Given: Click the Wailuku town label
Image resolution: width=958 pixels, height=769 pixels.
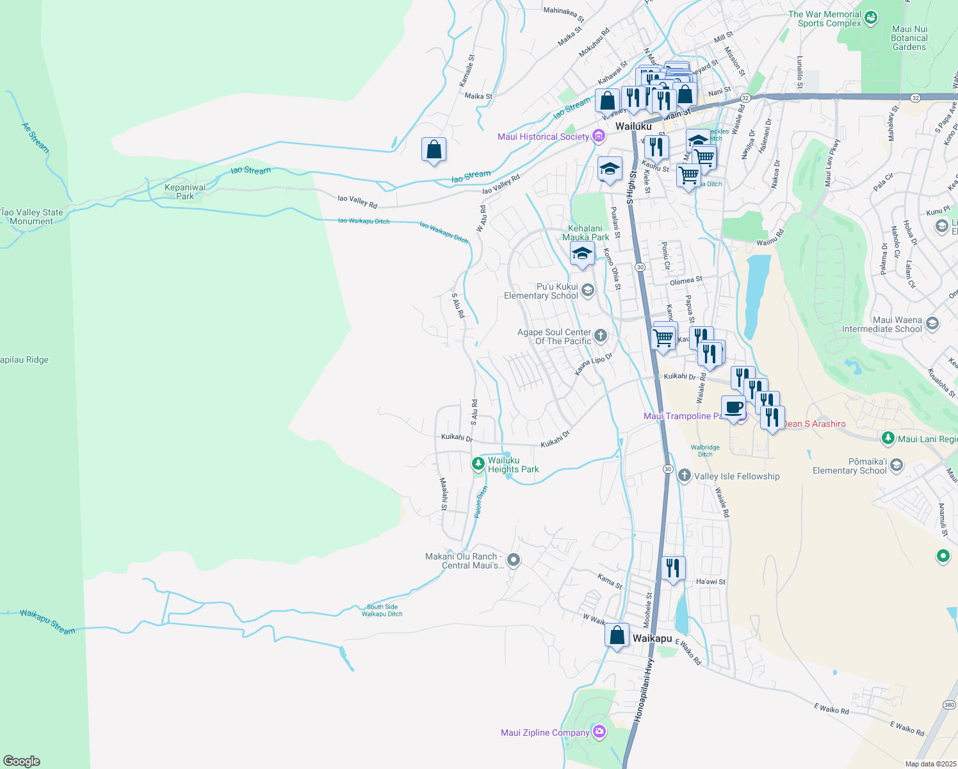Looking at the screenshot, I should (x=633, y=126).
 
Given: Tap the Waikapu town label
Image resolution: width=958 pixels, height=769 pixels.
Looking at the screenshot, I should (x=652, y=638).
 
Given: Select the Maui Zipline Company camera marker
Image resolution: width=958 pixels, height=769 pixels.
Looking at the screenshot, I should (x=599, y=731).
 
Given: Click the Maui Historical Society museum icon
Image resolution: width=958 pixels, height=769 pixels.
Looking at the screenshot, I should (x=599, y=136).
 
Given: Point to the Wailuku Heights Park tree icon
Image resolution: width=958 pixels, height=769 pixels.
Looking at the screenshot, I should (x=478, y=463).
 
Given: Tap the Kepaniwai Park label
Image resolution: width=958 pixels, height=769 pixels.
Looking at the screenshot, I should (x=185, y=192).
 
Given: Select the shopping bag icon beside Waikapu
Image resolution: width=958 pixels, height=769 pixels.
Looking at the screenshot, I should (x=617, y=635).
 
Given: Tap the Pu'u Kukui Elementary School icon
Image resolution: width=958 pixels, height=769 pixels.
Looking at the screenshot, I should (x=588, y=290).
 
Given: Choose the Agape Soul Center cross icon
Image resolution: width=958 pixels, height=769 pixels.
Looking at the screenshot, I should (x=600, y=335).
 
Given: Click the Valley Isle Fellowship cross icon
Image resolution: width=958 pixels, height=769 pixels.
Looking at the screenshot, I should (x=684, y=475).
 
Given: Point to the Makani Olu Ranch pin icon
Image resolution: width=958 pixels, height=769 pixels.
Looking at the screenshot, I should (x=513, y=560).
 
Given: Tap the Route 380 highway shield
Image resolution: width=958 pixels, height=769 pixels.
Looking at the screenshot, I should (x=949, y=705).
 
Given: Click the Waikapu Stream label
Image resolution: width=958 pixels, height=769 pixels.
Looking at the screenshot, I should (x=47, y=622).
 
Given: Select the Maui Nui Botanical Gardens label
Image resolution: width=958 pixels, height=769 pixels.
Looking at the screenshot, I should (x=909, y=38).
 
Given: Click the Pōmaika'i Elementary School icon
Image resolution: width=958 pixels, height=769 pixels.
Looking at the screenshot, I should (x=896, y=465).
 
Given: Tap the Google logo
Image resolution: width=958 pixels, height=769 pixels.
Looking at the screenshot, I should (x=22, y=761).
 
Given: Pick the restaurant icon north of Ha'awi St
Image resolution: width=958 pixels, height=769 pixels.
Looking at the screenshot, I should (x=673, y=568).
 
